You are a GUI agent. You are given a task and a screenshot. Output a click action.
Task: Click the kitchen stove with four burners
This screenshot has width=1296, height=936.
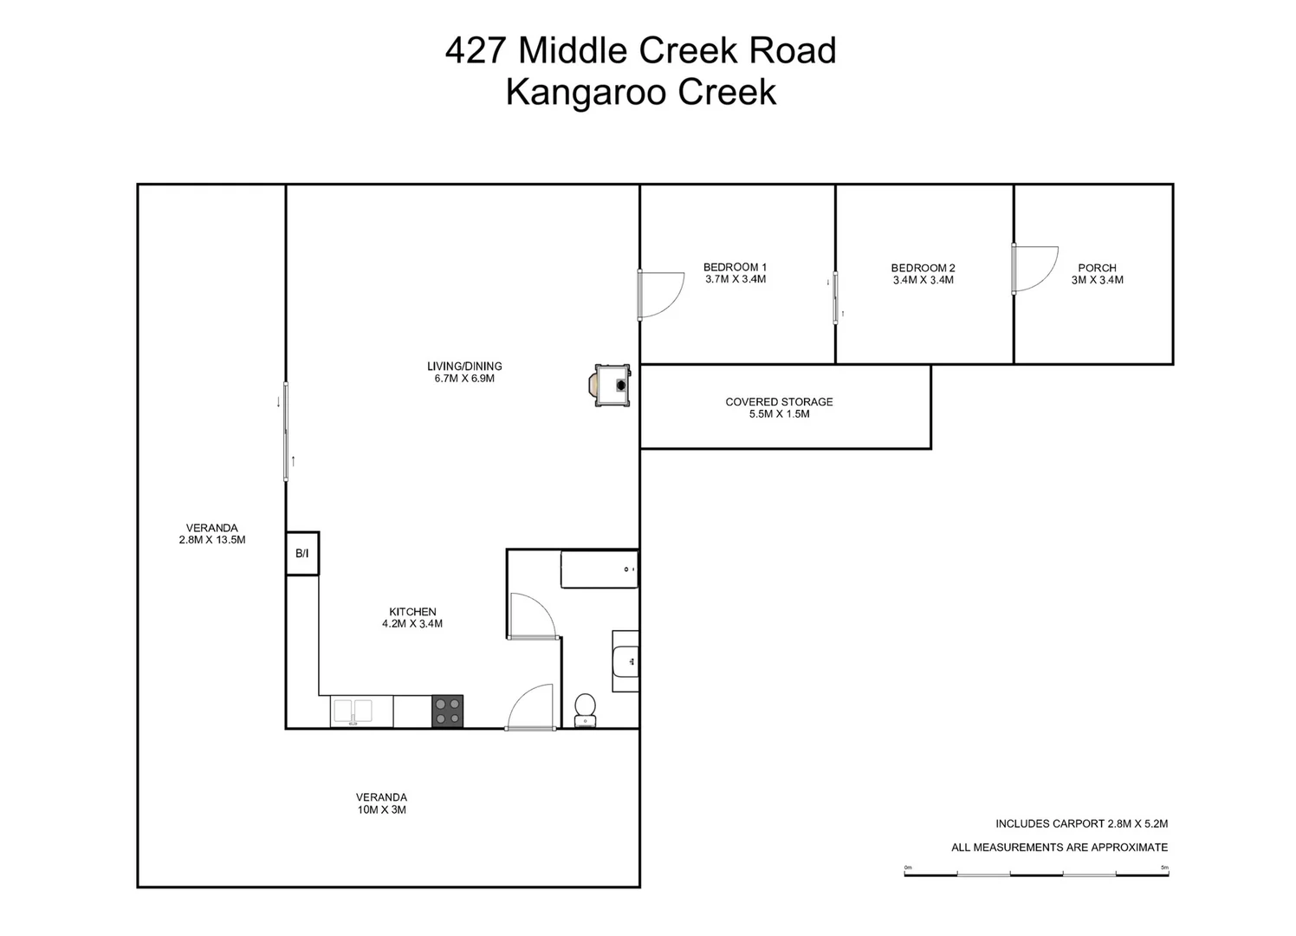pyautogui.click(x=447, y=711)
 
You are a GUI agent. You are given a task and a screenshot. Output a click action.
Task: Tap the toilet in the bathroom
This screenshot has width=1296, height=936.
pyautogui.click(x=586, y=711)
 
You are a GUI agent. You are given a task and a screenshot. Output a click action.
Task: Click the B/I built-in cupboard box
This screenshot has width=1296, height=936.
pyautogui.click(x=302, y=554)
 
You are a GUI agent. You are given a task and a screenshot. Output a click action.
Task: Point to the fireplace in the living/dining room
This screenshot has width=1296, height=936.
pyautogui.click(x=610, y=385)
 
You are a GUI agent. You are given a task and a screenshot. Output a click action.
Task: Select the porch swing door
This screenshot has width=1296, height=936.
pyautogui.click(x=1034, y=269)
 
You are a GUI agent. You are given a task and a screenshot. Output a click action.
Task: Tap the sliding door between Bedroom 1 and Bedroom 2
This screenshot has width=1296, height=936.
pyautogui.click(x=835, y=297)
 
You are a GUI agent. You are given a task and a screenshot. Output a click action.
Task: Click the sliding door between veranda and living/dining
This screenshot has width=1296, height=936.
pyautogui.click(x=286, y=432)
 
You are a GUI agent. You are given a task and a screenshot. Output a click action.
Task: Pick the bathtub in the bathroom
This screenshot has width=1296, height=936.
pyautogui.click(x=599, y=569)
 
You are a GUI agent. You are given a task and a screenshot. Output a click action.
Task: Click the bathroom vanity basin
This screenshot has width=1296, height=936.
pyautogui.click(x=625, y=661)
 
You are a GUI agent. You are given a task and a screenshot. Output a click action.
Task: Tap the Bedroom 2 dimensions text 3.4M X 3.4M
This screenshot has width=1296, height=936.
pyautogui.click(x=923, y=280)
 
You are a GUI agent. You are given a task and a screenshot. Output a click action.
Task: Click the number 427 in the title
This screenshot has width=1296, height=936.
pyautogui.click(x=476, y=49)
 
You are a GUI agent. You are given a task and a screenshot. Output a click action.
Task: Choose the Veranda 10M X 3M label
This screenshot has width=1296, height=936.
pyautogui.click(x=382, y=803)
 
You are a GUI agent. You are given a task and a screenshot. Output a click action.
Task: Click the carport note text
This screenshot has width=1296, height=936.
pyautogui.click(x=1082, y=823)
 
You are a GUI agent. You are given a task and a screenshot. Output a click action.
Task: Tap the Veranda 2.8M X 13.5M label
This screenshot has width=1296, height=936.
pyautogui.click(x=212, y=534)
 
